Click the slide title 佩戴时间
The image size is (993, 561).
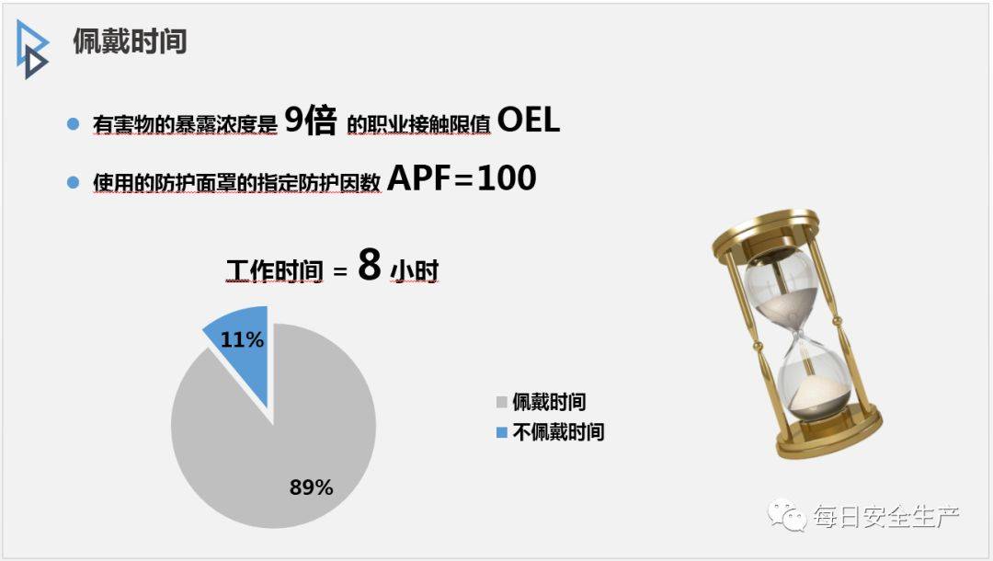pos(130,41)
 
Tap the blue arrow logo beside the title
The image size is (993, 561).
pos(31,50)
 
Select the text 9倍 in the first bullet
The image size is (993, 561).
pos(311,120)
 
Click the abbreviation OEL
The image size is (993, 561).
pos(529,119)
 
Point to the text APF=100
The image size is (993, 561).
pos(462,177)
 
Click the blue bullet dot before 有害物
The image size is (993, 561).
pos(74,123)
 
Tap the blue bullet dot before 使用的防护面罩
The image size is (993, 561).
pos(74,182)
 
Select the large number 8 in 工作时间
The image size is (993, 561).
pos(370,264)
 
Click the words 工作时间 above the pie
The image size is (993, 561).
pos(275,271)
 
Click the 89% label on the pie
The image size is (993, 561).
pos(311,487)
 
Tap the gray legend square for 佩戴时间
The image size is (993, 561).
pos(502,402)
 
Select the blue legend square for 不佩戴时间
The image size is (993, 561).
pos(502,432)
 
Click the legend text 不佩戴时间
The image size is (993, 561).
pos(558,432)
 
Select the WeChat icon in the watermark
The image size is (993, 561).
pos(786,515)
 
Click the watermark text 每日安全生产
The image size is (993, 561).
pos(886,517)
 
